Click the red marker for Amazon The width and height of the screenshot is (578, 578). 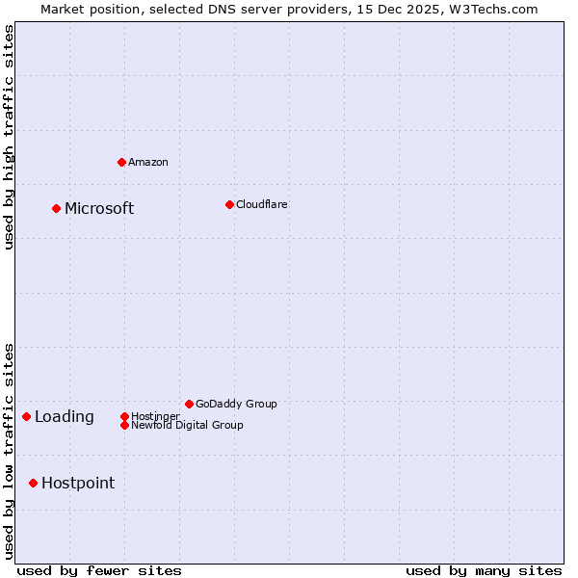click(121, 162)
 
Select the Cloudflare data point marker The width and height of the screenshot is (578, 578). click(229, 204)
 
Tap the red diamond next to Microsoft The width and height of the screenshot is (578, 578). click(56, 208)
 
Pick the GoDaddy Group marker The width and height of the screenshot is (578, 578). click(189, 404)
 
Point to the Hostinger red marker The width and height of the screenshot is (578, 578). click(124, 416)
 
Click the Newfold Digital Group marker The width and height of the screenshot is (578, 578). click(124, 425)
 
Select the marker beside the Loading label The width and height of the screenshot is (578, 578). click(26, 416)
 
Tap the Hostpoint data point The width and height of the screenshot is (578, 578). click(33, 483)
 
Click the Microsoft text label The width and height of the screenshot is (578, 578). click(99, 208)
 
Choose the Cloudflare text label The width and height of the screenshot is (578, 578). click(261, 204)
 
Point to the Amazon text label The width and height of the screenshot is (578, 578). click(148, 162)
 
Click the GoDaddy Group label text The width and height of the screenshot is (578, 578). click(236, 404)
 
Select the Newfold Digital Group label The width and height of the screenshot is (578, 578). click(187, 425)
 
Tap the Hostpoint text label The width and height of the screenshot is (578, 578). click(78, 483)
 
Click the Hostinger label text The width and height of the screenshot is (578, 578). click(155, 416)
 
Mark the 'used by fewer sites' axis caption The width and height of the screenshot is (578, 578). click(99, 570)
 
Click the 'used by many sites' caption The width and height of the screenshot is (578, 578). click(484, 570)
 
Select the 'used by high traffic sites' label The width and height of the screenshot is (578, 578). click(9, 137)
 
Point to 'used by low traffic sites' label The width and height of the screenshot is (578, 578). click(9, 451)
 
